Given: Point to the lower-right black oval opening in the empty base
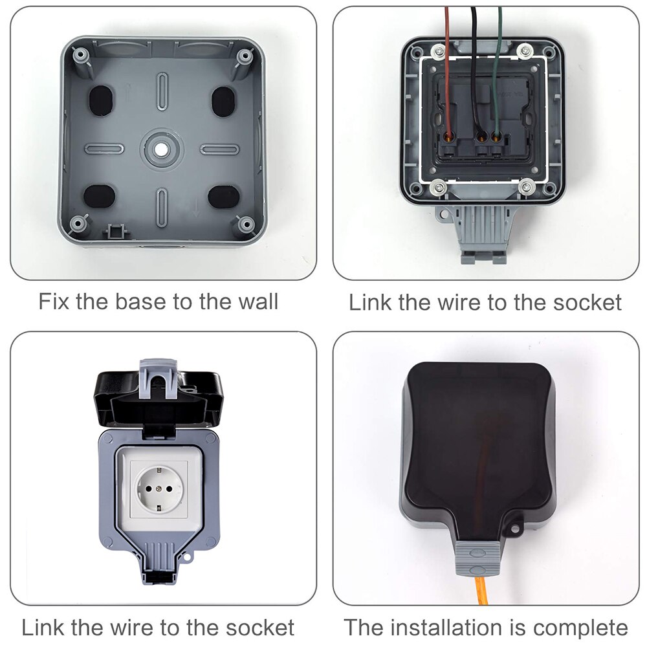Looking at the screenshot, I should [223, 196].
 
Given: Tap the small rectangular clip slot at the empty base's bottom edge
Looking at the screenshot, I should [116, 230].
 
